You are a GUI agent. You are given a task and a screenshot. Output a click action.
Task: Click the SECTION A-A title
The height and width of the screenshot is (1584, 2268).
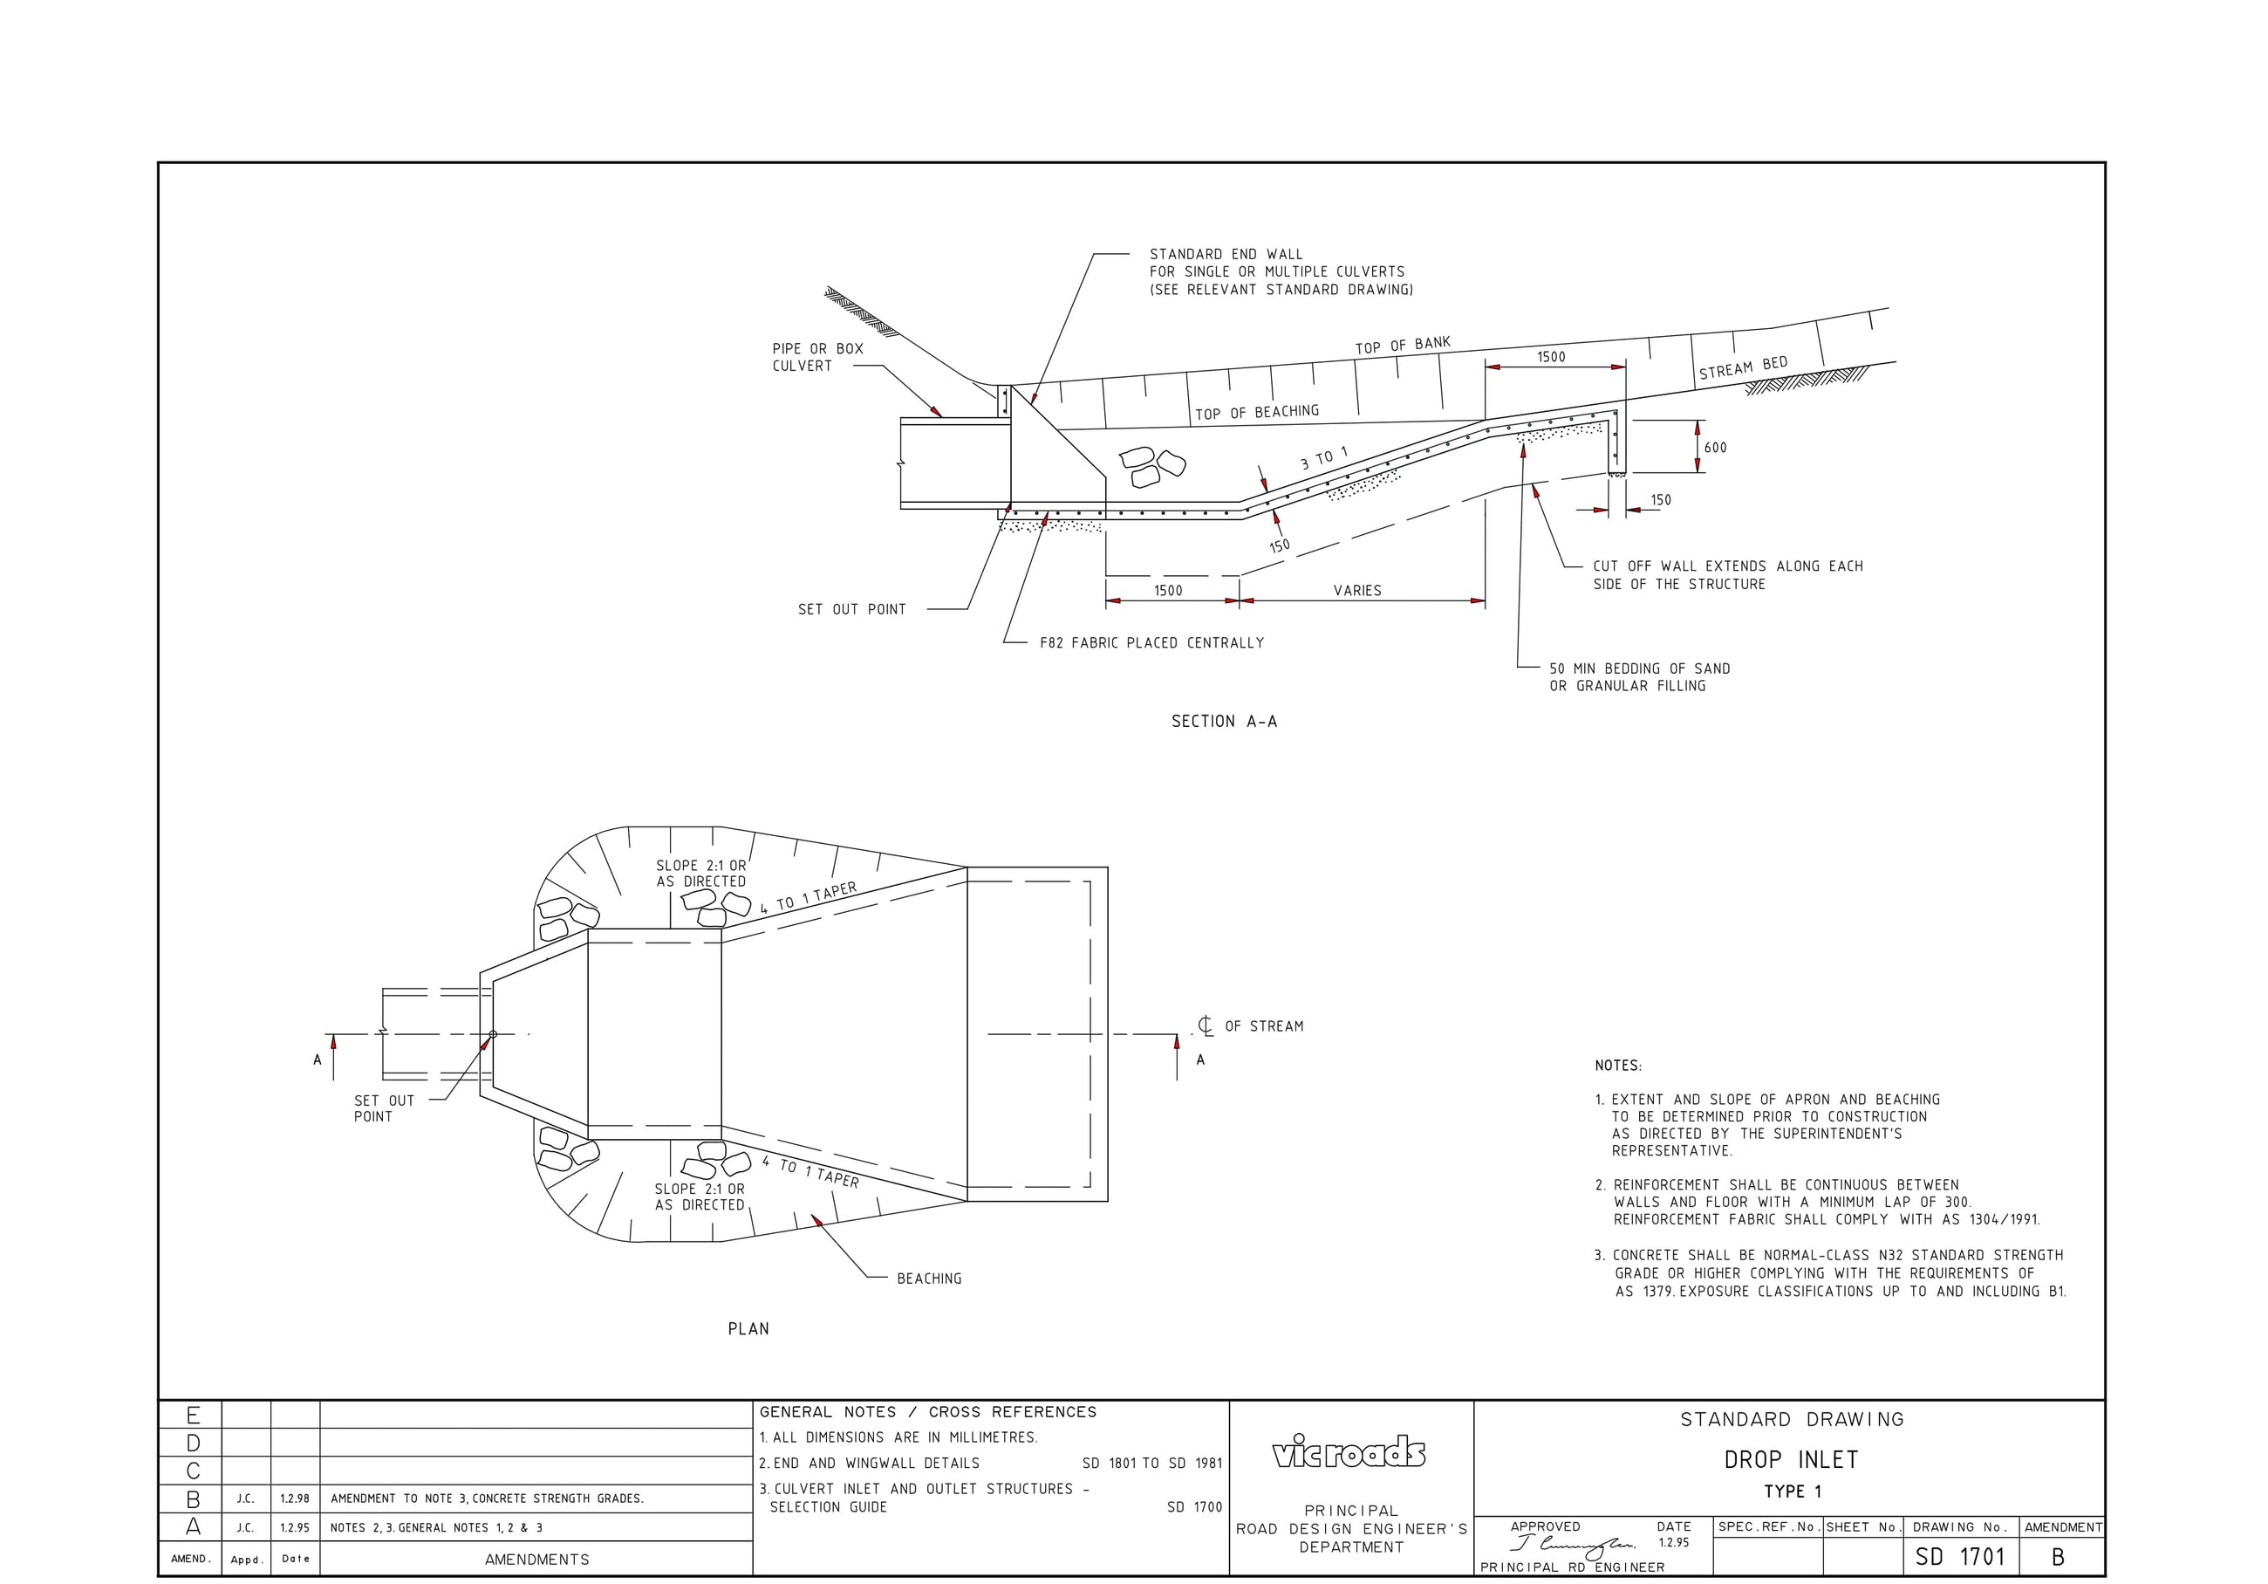(x=1224, y=722)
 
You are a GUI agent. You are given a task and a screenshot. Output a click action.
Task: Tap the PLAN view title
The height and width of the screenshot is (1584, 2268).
(x=748, y=1329)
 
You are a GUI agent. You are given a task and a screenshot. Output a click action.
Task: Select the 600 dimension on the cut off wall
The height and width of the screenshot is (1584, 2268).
(x=1716, y=448)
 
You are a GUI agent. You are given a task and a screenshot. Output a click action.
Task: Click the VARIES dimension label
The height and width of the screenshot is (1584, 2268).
(x=1357, y=591)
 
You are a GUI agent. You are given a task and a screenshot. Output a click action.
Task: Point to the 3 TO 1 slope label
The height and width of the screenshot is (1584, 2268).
(x=1323, y=457)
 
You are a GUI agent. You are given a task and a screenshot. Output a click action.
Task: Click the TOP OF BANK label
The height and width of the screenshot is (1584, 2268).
(x=1403, y=345)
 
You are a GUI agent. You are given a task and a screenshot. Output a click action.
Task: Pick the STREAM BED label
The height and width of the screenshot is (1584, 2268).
(x=1744, y=367)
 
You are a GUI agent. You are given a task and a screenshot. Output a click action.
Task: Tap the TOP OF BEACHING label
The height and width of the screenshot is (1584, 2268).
(x=1256, y=412)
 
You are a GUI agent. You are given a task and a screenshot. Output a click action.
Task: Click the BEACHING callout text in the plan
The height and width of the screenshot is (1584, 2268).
(x=928, y=1279)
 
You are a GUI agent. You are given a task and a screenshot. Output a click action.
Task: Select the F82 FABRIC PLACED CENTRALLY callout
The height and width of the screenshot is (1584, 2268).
(x=1151, y=643)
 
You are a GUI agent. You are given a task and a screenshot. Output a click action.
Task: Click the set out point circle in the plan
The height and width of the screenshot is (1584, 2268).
(x=493, y=1034)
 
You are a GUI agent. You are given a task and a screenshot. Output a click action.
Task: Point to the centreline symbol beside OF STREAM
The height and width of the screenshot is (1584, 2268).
(x=1206, y=1026)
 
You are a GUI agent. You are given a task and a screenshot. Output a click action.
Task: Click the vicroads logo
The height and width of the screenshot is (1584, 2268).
(x=1349, y=1452)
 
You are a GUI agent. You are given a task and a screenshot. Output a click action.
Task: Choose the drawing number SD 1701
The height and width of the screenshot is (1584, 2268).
(x=1960, y=1557)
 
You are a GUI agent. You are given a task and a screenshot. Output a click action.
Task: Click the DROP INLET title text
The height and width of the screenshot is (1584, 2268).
(x=1791, y=1459)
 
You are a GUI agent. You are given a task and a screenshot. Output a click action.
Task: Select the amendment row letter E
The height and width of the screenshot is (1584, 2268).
(x=193, y=1416)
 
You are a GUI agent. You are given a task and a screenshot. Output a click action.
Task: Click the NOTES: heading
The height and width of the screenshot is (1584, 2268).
(x=1618, y=1066)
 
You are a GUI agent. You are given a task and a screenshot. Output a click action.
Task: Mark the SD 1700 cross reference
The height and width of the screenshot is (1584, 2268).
(x=1194, y=1508)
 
